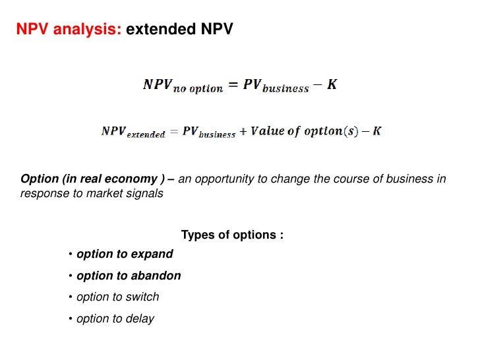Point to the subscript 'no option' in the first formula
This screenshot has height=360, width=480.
pos(198,89)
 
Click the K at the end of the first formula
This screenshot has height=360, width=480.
pos(332,85)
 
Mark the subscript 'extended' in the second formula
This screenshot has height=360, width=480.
pos(146,135)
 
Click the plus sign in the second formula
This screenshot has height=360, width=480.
pos(243,131)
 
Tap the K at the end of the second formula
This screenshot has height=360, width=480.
pos(376,131)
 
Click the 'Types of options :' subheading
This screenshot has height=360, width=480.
pos(232,235)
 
